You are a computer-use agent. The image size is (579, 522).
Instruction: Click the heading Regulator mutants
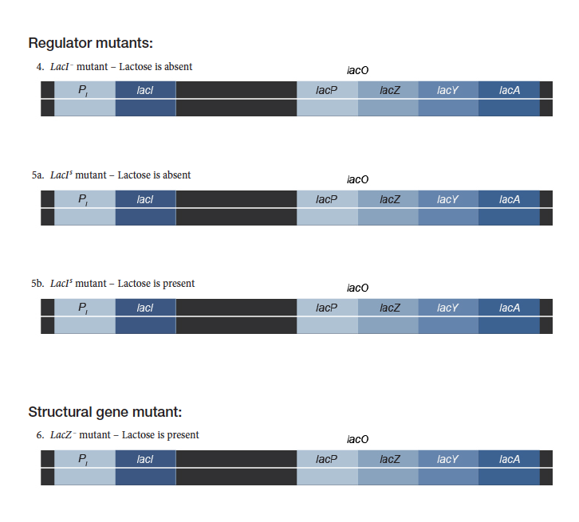90,42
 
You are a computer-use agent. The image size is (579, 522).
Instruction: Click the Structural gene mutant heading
104,412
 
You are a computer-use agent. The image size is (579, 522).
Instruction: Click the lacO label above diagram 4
358,71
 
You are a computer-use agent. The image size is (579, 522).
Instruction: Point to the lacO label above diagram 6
358,440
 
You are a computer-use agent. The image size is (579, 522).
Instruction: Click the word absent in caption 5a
177,175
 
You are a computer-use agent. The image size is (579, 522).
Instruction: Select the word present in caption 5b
179,284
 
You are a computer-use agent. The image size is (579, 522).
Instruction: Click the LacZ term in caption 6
61,435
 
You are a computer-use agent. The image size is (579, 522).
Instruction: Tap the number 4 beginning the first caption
39,67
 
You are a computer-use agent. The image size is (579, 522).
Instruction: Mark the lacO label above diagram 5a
358,179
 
